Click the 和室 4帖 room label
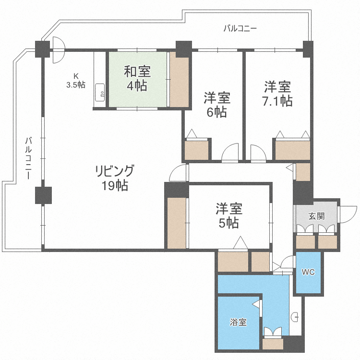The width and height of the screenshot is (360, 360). point(138,79)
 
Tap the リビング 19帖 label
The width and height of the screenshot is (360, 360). point(114,178)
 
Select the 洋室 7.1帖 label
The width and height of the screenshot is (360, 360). point(277,94)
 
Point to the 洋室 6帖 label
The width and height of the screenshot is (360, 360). point(217,105)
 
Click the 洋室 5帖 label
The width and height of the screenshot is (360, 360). point(228,216)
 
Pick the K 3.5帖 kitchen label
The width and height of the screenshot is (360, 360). point(76,80)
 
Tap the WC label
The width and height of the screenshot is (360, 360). point(308,272)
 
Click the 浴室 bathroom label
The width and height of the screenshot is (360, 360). point(238,322)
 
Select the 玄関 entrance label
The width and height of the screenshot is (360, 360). point(316,216)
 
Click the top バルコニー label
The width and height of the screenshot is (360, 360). point(240,28)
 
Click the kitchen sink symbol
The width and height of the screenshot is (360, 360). point(101,93)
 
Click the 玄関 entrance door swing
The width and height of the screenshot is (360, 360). point(348,213)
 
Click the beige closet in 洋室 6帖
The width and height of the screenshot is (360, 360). point(197,150)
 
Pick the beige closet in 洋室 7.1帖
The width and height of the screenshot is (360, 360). point(292,150)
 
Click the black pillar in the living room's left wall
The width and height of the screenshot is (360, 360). point(43,195)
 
